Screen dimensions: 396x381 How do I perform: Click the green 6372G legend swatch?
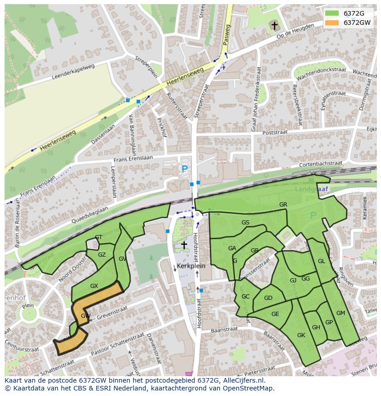(331, 13)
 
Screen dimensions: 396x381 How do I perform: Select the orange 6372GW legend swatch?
(331, 23)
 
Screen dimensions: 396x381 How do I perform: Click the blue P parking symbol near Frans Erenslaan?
(185, 169)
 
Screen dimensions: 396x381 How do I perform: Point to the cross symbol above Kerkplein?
(184, 245)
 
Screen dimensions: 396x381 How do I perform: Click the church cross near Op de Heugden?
(275, 26)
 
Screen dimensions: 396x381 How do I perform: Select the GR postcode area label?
(283, 205)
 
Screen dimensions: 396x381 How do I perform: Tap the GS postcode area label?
(245, 223)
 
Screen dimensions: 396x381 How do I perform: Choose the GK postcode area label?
(301, 335)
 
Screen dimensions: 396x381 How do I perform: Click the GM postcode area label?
(341, 313)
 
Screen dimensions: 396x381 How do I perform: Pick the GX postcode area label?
(94, 286)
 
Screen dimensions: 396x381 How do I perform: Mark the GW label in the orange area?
(85, 316)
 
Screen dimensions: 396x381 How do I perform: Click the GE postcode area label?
(275, 314)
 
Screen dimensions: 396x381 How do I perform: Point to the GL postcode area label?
(321, 261)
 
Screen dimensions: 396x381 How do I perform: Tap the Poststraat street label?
(274, 132)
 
